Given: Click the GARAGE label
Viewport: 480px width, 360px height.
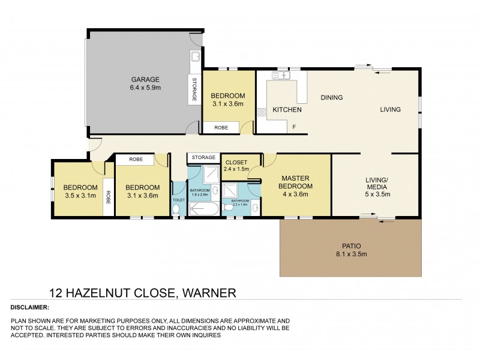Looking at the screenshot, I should coord(145,79).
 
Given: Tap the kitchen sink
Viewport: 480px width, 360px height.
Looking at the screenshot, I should coord(280,76).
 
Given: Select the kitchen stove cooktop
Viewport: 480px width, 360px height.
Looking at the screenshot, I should coord(262,112).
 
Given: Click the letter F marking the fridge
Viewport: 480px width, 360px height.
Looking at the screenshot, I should coord(294,127).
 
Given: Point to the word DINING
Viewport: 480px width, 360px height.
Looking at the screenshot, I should coord(331,97).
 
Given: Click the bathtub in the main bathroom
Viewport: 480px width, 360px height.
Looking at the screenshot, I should coord(203,208).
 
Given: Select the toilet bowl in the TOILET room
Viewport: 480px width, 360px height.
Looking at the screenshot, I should coord(176,209).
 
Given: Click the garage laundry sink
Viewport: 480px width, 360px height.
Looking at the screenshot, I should coord(195,58).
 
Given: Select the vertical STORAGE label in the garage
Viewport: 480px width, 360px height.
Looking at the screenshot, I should coord(194,89).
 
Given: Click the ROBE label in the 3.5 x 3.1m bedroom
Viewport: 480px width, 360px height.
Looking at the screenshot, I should coord(108,197).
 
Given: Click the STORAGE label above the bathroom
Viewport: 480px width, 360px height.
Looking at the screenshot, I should coord(202,158).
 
